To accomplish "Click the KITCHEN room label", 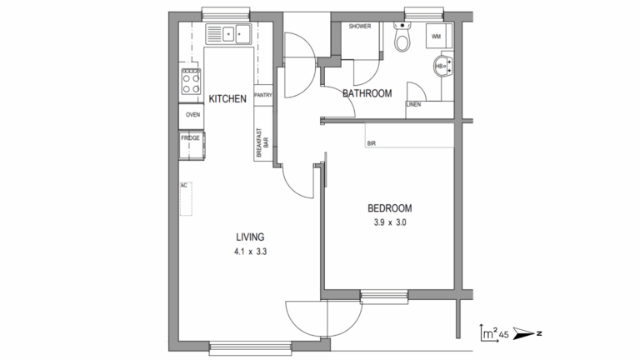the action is [x=227, y=99].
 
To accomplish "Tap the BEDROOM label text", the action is [x=390, y=208].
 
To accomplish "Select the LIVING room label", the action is [x=250, y=237].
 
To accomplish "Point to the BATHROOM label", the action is [x=367, y=93].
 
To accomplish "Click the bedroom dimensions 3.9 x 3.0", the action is [x=390, y=222].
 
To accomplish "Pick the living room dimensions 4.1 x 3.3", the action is [x=250, y=252].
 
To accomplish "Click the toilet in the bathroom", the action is [x=402, y=37].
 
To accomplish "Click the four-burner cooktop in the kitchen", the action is [x=191, y=82].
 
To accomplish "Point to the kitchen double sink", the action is [x=228, y=34].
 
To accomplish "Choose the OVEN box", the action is [x=192, y=116].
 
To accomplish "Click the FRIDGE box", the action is [x=192, y=145].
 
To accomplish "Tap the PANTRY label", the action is [x=263, y=95].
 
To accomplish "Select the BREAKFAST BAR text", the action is [x=262, y=143].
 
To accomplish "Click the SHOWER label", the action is [x=360, y=26].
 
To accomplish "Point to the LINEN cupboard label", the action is [x=413, y=104].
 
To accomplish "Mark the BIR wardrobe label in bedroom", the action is [x=372, y=143].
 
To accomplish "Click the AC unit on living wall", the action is [x=186, y=199].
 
